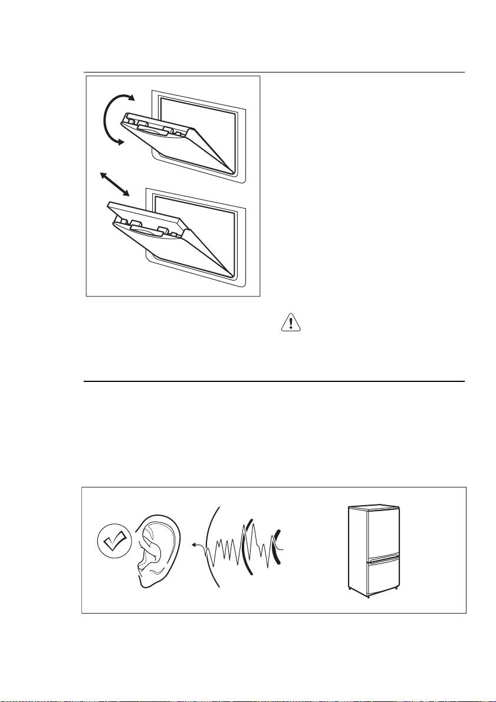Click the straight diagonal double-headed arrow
114,184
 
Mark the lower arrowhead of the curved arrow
120,141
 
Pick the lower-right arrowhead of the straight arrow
126,193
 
